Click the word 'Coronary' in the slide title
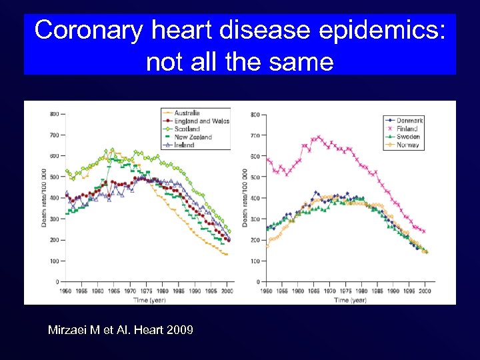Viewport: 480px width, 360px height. [89, 30]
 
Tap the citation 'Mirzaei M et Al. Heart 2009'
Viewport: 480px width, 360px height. [121, 329]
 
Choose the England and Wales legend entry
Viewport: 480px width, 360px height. [201, 121]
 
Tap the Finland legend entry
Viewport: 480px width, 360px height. [407, 129]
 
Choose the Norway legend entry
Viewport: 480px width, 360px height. [407, 145]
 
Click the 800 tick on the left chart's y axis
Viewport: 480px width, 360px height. [54, 114]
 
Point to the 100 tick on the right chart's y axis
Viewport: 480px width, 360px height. [255, 261]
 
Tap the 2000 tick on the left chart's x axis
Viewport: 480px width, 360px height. [227, 291]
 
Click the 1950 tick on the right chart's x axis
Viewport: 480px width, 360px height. [266, 291]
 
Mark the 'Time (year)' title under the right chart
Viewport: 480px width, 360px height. [349, 300]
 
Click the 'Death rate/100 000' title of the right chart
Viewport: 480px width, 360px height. [246, 198]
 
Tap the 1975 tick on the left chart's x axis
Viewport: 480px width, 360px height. [146, 291]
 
